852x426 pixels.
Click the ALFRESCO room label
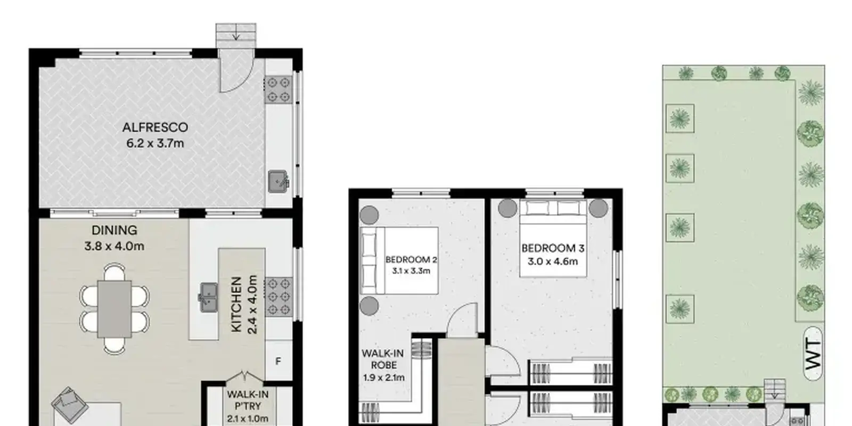155,127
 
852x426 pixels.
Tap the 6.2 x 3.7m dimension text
155,143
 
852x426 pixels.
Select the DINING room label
114,230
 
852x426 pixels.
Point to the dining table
114,309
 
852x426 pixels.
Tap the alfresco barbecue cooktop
279,89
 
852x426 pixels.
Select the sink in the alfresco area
278,181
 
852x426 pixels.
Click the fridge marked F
278,361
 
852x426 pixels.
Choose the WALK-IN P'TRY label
248,400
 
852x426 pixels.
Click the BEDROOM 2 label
411,260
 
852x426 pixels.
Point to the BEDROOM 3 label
553,248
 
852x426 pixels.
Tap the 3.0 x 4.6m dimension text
553,261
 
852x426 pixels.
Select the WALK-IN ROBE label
383,359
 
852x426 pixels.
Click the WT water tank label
813,354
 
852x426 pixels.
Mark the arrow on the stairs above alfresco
236,34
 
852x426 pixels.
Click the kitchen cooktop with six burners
279,297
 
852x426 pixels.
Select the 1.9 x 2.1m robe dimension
384,378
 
